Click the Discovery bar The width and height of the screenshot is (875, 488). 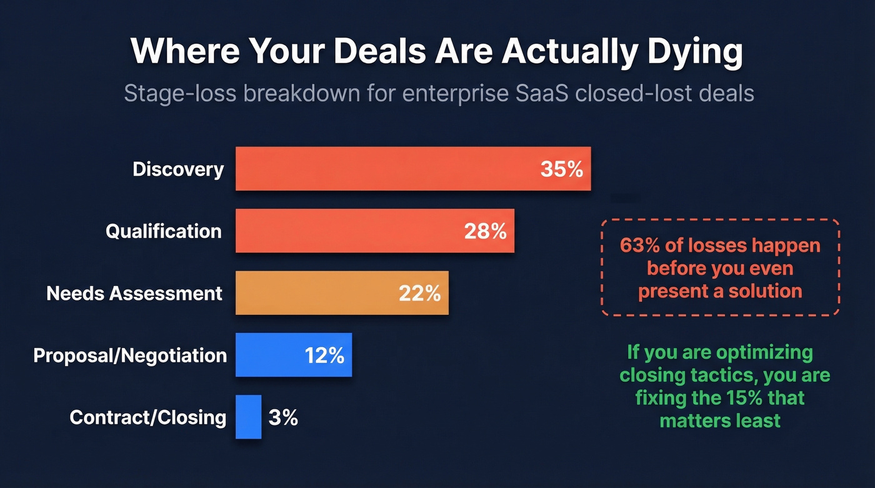pyautogui.click(x=387, y=169)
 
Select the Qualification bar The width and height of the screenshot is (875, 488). pyautogui.click(x=350, y=231)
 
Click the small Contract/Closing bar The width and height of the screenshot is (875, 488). pyautogui.click(x=248, y=417)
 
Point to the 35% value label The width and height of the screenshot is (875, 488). pyautogui.click(x=561, y=169)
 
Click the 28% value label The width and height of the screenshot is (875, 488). pyautogui.click(x=485, y=231)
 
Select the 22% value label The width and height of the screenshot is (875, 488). pyautogui.click(x=419, y=293)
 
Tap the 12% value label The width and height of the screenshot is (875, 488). pyautogui.click(x=324, y=356)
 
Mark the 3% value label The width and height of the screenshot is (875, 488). pyautogui.click(x=283, y=417)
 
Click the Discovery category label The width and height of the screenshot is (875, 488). pyautogui.click(x=178, y=169)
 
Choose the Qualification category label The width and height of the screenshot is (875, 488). pyautogui.click(x=164, y=231)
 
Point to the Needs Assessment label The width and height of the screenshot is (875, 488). pyautogui.click(x=134, y=293)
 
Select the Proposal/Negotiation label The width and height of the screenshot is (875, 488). pyautogui.click(x=130, y=356)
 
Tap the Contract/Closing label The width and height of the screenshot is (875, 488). pyautogui.click(x=147, y=417)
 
